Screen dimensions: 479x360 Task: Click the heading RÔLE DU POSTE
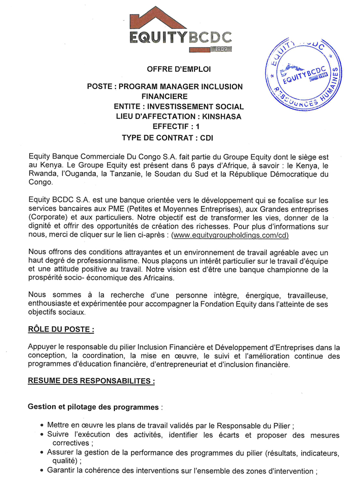[x=61, y=330]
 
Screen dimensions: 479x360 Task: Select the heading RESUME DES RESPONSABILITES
[x=91, y=381]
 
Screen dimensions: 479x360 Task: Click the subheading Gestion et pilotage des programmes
[x=94, y=406]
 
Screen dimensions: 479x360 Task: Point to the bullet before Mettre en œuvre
[x=41, y=425]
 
